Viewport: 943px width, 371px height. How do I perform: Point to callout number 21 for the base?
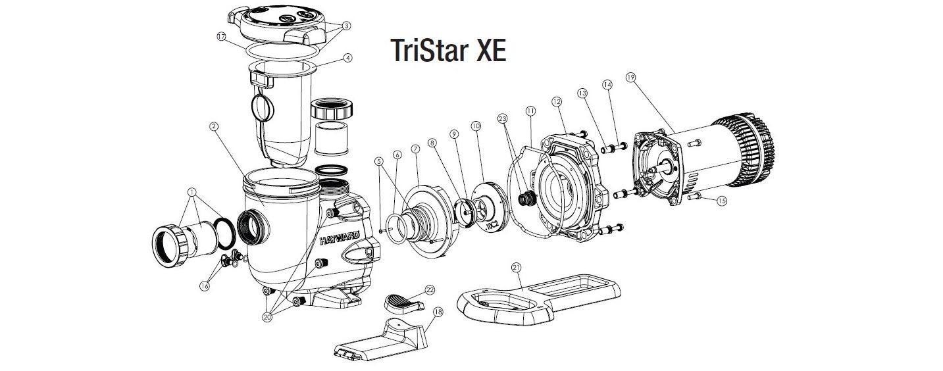click(516, 267)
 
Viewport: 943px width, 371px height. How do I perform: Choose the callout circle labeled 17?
click(222, 36)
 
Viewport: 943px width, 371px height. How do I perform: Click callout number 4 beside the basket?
click(347, 57)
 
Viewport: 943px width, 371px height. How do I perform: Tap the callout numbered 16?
click(204, 287)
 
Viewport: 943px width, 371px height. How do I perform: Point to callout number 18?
click(438, 312)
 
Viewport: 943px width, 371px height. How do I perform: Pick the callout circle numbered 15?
click(722, 201)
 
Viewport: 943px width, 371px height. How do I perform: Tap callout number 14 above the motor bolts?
click(607, 84)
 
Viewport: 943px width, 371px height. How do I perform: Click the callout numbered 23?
click(503, 119)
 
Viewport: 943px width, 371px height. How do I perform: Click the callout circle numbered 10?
click(476, 125)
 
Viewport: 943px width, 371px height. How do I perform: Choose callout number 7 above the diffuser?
click(415, 150)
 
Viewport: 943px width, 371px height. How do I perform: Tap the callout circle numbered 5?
click(378, 161)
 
